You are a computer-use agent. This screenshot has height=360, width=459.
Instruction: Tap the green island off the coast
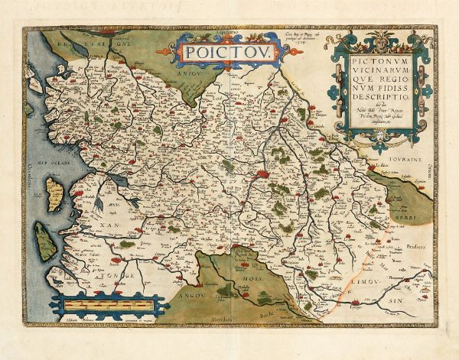click(48, 244)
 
